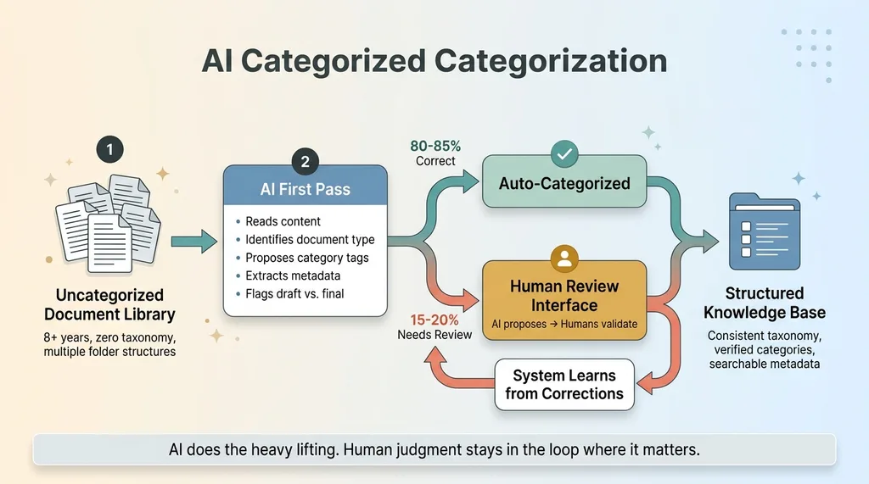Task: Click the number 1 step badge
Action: tap(109, 151)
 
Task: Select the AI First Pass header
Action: tap(305, 190)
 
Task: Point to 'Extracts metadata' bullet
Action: tap(293, 276)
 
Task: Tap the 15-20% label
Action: tap(434, 320)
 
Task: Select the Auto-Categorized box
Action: tap(563, 183)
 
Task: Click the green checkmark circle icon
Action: tap(563, 154)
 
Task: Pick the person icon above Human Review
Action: tap(564, 256)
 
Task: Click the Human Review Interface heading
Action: tap(564, 295)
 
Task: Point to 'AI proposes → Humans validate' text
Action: tap(564, 324)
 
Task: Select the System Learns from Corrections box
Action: tap(564, 384)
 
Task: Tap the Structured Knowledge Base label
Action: tap(764, 303)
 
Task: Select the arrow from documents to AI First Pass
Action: tap(193, 242)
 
